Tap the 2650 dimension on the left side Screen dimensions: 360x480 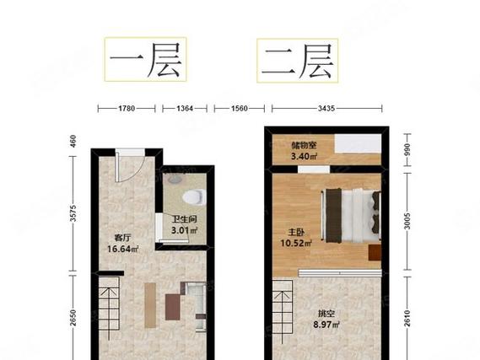tap(73, 319)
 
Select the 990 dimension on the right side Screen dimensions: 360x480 tap(407, 152)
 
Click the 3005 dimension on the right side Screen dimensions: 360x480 tap(407, 222)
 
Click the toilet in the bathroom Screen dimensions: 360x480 tap(194, 198)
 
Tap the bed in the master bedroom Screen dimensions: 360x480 tap(352, 212)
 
